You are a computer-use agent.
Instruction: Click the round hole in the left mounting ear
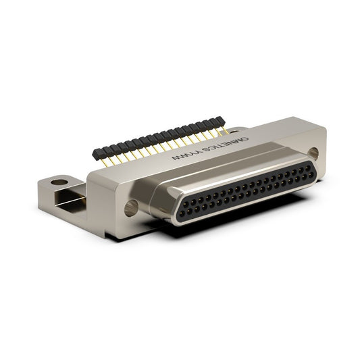(x=59, y=182)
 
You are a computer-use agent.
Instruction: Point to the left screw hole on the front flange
(x=131, y=208)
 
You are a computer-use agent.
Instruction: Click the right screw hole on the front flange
(x=313, y=154)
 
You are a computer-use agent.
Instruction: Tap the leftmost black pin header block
(x=97, y=153)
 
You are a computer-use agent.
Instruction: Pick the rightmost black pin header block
(x=219, y=120)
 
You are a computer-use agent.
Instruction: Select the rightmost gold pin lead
(x=225, y=130)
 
